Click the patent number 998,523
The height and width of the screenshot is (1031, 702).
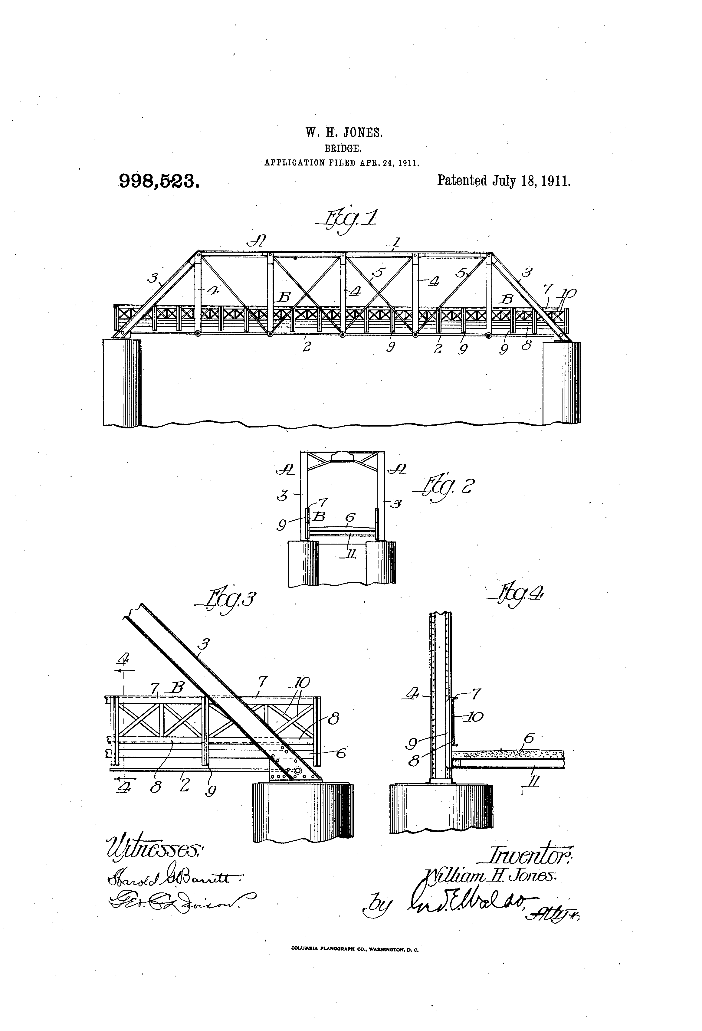coord(159,181)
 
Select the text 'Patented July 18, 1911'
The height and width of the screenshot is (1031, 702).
coord(504,181)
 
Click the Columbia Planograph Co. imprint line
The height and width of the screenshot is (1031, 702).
coord(355,962)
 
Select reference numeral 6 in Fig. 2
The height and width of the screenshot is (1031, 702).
coord(350,518)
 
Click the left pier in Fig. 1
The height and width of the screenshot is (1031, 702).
coord(122,381)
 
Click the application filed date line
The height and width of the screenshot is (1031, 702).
coord(342,163)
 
